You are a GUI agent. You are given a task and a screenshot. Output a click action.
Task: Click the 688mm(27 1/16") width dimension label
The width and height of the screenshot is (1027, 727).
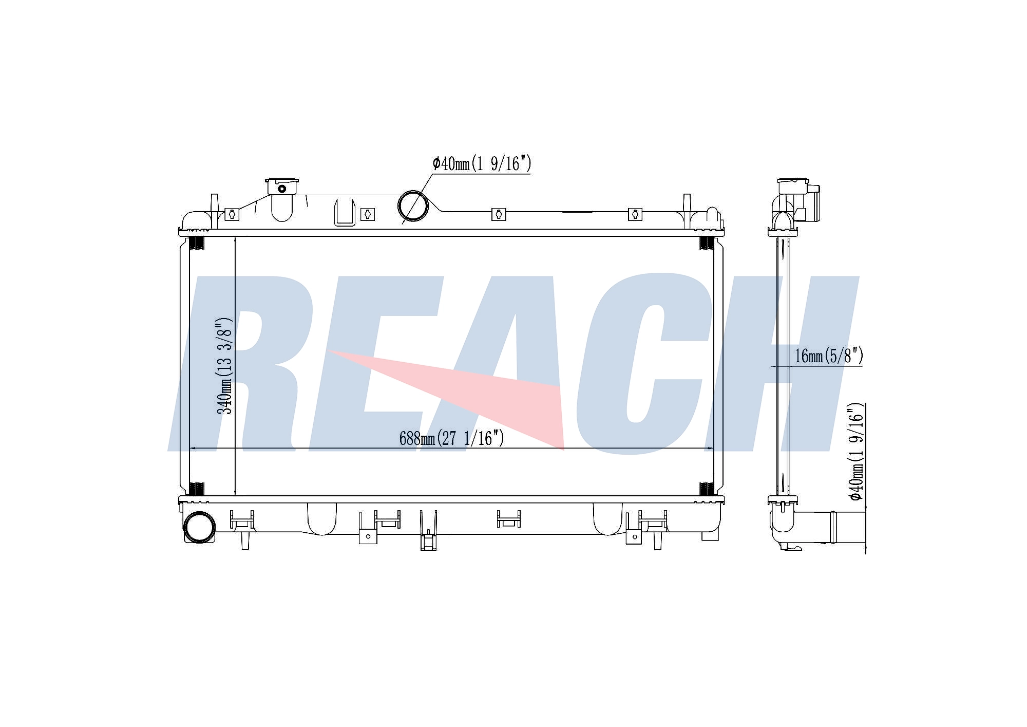pyautogui.click(x=451, y=438)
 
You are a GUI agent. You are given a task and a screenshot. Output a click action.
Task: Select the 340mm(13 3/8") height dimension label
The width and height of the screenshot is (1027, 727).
pyautogui.click(x=225, y=366)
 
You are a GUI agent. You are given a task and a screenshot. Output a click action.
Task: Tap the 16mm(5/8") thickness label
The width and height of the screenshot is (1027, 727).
pyautogui.click(x=829, y=356)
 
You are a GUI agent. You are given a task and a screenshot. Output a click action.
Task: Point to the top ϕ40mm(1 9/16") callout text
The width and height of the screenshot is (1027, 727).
pyautogui.click(x=482, y=164)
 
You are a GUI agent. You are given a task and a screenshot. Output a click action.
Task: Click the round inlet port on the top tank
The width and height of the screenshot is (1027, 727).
pyautogui.click(x=413, y=206)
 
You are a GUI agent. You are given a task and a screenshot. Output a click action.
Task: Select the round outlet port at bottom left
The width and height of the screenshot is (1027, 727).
pyautogui.click(x=199, y=527)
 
